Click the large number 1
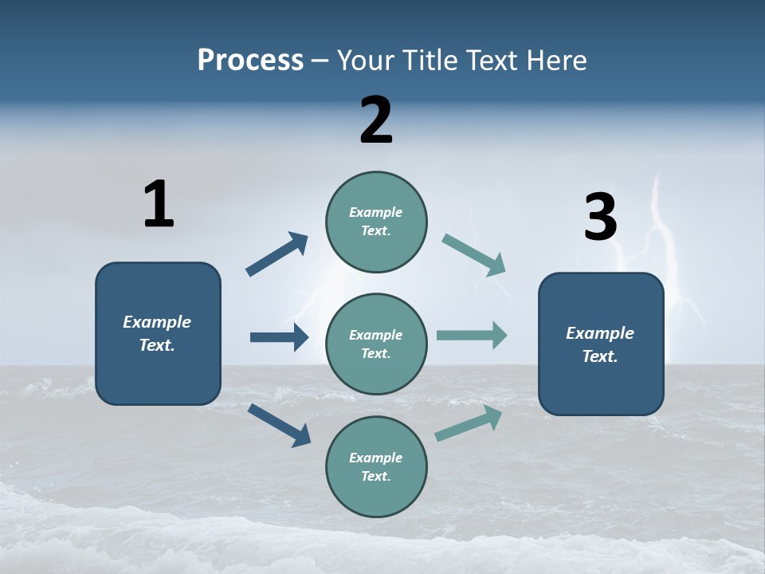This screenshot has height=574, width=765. coord(159,204)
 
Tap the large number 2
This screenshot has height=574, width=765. coord(376,120)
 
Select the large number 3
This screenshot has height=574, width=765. coord(600,218)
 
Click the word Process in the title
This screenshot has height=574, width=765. coord(250,60)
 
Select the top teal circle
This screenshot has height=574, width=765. coord(376,222)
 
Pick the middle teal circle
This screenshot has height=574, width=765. coord(376,344)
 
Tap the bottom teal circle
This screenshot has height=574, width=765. coord(376,466)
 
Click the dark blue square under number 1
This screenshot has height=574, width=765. coord(158,333)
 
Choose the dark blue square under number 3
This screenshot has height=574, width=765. coord(601,344)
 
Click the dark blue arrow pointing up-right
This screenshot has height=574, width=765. coord(277,254)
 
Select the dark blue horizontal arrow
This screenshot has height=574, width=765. coord(279,337)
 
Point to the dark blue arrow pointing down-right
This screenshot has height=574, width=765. coord(279,424)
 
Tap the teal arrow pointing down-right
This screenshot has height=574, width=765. coord(474,255)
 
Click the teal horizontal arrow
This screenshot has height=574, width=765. coord(472,335)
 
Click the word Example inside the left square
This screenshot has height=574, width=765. coord(157,322)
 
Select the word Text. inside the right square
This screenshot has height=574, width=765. coord(600,356)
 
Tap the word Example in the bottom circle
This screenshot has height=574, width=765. coord(375,458)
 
